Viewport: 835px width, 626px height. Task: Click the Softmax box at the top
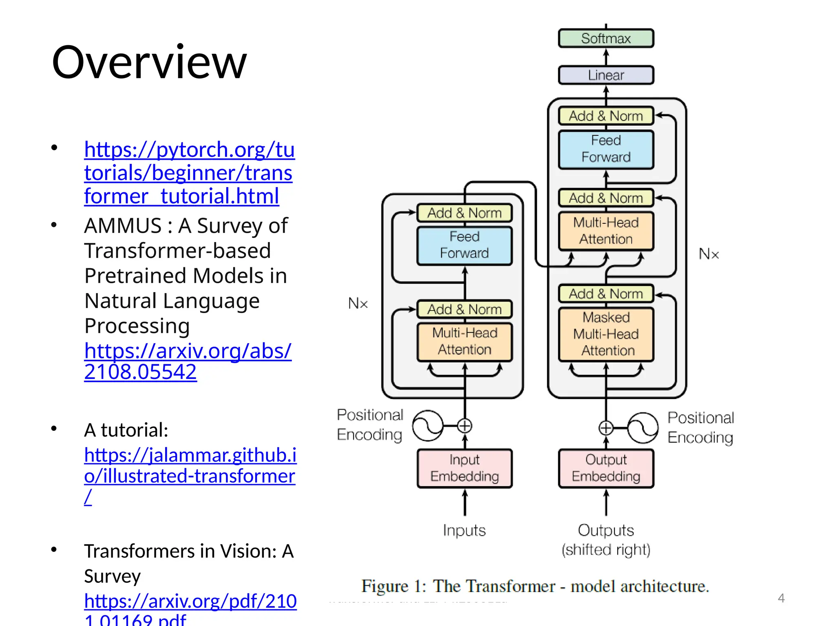(605, 38)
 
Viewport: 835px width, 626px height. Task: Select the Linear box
(605, 75)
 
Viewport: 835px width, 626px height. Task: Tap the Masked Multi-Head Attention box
(606, 334)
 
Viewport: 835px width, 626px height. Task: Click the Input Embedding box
(464, 468)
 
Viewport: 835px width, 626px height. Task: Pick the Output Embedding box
(606, 468)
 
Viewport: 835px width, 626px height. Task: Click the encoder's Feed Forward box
(464, 245)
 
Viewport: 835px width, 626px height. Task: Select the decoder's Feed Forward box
(606, 149)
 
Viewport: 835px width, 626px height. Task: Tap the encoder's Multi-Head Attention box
(464, 342)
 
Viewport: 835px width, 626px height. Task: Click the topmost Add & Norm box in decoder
(606, 116)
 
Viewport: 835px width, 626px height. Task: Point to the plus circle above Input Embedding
(464, 425)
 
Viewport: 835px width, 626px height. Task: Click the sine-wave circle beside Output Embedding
(643, 428)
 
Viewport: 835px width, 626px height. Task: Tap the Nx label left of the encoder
(358, 303)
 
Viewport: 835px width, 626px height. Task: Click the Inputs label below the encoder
(464, 530)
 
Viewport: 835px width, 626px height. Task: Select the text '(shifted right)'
(606, 550)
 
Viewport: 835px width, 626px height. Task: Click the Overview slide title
(149, 62)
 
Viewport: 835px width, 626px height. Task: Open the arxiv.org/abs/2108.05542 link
(188, 361)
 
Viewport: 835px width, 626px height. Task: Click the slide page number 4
(781, 598)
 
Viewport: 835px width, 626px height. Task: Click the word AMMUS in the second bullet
(123, 226)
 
